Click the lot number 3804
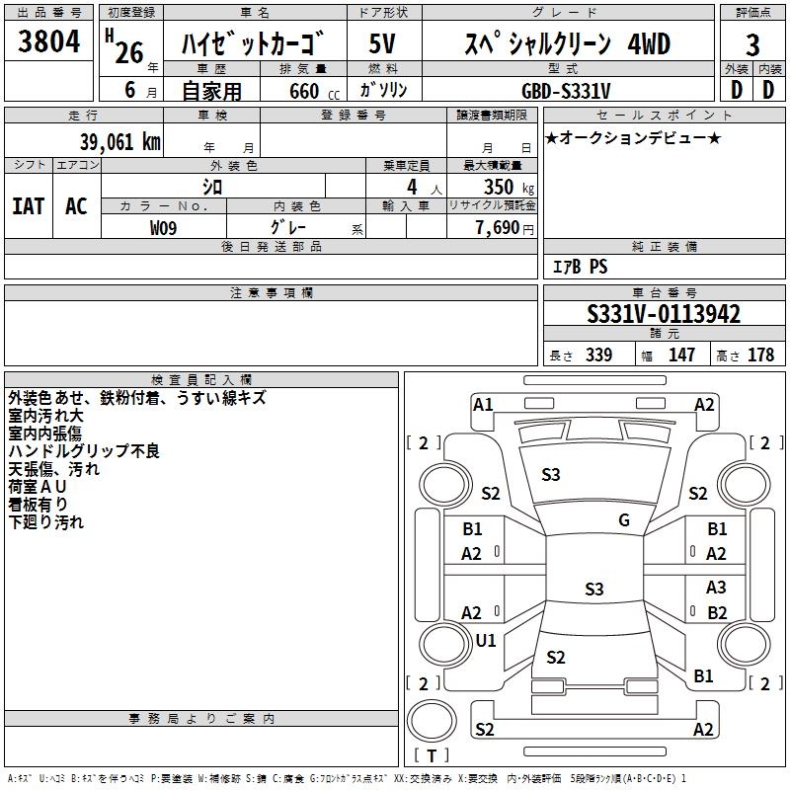click(49, 42)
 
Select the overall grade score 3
click(752, 44)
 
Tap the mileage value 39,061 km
click(119, 140)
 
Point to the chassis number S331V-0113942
click(664, 314)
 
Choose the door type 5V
click(383, 44)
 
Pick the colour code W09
click(164, 227)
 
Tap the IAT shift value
click(28, 206)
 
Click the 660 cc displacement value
click(305, 91)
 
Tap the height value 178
click(760, 355)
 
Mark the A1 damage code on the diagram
click(483, 404)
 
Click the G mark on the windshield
click(623, 520)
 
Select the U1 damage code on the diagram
click(486, 640)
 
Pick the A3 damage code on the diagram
click(717, 588)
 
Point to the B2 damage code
click(717, 612)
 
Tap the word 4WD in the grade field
click(649, 44)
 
